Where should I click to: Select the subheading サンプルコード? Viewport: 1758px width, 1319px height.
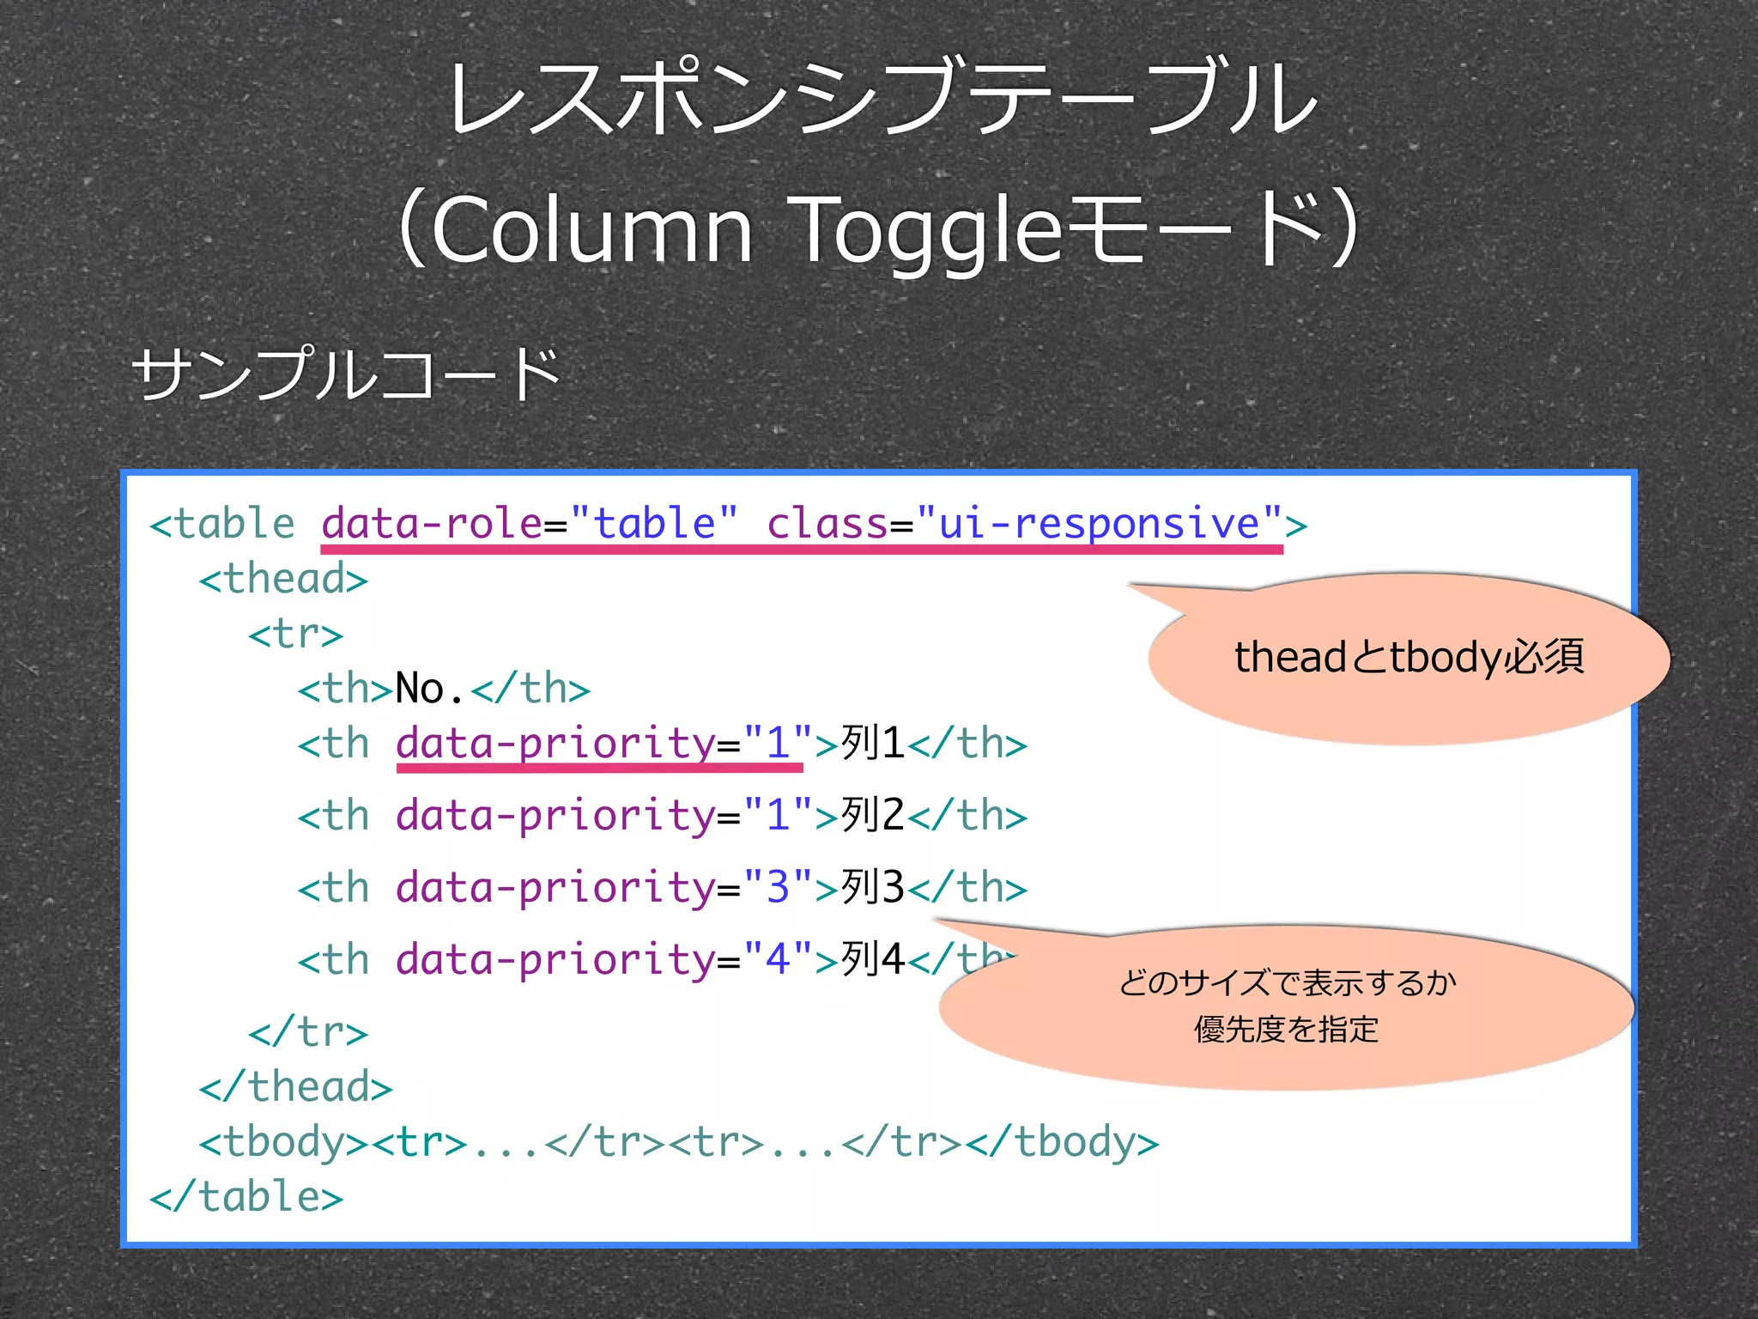click(x=346, y=375)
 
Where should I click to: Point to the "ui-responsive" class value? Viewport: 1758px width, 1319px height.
click(x=1099, y=523)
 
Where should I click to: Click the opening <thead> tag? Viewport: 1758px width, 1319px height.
click(x=283, y=580)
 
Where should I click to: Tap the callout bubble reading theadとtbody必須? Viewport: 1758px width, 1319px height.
click(x=1408, y=658)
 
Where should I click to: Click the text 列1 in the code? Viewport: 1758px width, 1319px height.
click(x=872, y=743)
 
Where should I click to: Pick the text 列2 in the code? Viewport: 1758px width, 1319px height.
click(x=872, y=815)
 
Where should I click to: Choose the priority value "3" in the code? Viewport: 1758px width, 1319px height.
click(x=778, y=887)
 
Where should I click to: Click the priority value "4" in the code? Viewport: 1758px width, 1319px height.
click(x=778, y=959)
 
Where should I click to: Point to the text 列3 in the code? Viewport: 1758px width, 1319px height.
click(x=872, y=887)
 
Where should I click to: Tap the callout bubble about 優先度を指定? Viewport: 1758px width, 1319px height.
click(x=1286, y=1006)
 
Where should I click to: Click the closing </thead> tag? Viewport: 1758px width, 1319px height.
click(x=295, y=1087)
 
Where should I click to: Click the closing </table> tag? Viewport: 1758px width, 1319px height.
click(x=246, y=1197)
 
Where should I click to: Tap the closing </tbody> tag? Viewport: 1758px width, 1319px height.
click(x=1062, y=1142)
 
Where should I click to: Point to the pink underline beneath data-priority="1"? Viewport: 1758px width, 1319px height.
click(x=599, y=767)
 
